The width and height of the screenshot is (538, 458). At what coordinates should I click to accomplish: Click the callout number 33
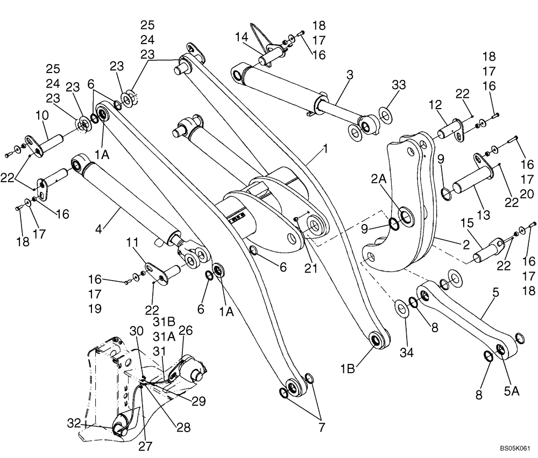point(399,85)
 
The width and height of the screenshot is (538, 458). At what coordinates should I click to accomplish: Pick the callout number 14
point(242,37)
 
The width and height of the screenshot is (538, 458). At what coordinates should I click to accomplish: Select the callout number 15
point(466,223)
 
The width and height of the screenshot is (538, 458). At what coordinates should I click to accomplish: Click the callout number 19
point(95,309)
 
